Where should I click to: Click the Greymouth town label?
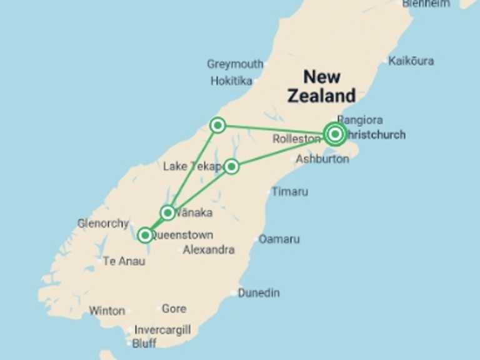(x=234, y=64)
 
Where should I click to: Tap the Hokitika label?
(x=231, y=81)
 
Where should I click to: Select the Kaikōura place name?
(x=411, y=61)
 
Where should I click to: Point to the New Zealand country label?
(x=321, y=86)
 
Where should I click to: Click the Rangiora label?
(x=360, y=119)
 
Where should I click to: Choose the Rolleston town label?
(x=296, y=139)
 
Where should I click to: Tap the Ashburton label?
(x=322, y=159)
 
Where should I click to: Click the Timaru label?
(x=289, y=191)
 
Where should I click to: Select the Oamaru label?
(x=279, y=239)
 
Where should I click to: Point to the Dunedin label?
(x=259, y=292)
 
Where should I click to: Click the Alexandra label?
(x=209, y=249)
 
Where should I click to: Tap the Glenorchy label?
(x=102, y=223)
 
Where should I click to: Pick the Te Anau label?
(x=124, y=261)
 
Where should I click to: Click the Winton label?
(x=107, y=310)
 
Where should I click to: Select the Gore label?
(x=174, y=308)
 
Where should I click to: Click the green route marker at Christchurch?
(x=336, y=134)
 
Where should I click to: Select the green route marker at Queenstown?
(x=145, y=235)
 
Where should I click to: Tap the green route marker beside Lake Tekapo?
(x=231, y=166)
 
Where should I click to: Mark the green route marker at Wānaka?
(x=167, y=212)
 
